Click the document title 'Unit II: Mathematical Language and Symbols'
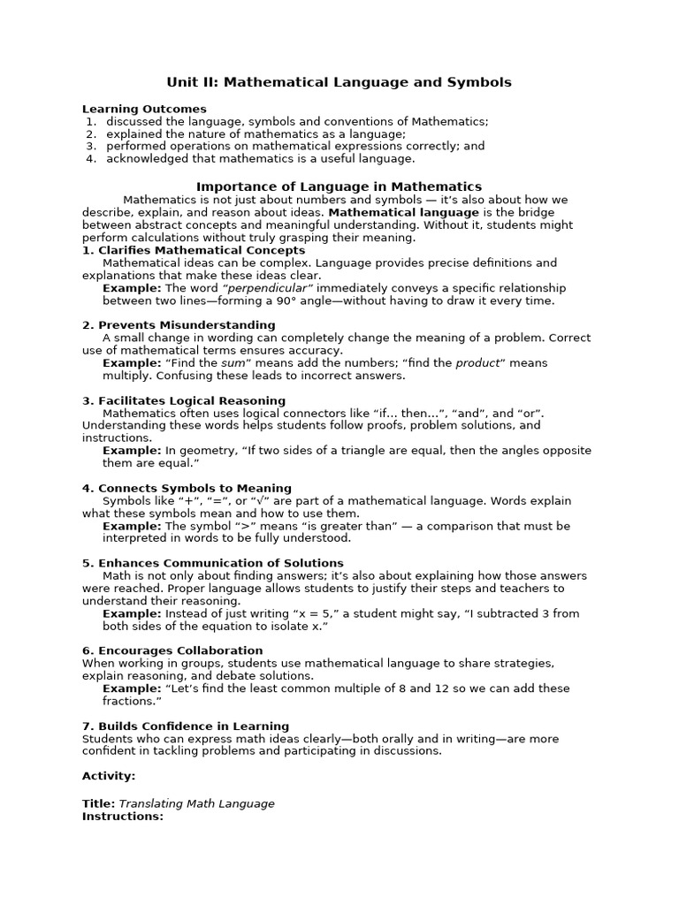[339, 82]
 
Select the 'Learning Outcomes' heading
[144, 109]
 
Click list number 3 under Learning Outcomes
[90, 146]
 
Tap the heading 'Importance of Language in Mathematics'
[339, 186]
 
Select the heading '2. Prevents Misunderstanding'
[179, 325]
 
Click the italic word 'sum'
[233, 362]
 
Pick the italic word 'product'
[478, 362]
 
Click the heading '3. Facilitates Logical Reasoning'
[184, 400]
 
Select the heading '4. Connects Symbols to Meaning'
[187, 488]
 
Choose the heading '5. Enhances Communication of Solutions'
[213, 563]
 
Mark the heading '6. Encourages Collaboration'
[172, 650]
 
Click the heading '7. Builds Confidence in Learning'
[186, 726]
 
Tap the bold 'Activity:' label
[109, 775]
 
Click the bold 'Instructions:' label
[123, 816]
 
